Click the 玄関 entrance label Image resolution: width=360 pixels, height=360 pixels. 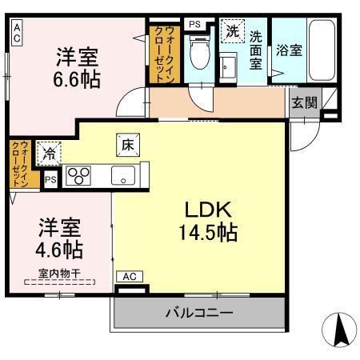[302, 102]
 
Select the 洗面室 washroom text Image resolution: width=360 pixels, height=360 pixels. [256, 50]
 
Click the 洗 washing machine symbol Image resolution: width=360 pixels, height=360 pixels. [232, 33]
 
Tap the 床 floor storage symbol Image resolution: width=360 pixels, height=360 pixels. [127, 145]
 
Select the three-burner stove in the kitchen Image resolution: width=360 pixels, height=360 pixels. [78, 175]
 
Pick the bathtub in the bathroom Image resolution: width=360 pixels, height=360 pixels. [322, 50]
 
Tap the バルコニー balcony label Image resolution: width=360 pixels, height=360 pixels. [200, 311]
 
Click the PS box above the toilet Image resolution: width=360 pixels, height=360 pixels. [194, 24]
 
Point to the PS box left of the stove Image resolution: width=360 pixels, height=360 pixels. [50, 180]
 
